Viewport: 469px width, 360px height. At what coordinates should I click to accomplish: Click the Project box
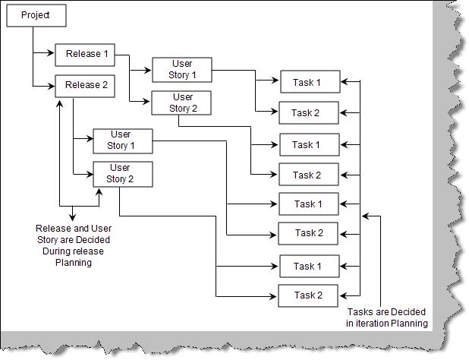(36, 15)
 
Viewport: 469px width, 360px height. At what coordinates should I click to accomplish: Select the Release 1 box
(87, 55)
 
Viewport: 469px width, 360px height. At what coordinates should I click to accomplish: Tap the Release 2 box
(87, 85)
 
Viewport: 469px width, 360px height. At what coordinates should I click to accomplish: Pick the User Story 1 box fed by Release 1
(182, 69)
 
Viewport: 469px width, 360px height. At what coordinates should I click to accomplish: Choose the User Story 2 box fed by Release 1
(182, 102)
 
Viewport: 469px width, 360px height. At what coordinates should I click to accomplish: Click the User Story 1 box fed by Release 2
(122, 141)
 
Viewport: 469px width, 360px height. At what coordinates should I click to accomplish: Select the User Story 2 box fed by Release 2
(122, 173)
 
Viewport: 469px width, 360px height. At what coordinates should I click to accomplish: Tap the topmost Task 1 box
(309, 82)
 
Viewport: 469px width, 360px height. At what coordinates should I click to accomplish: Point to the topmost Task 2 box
(309, 113)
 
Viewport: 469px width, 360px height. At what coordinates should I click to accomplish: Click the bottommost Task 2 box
(308, 295)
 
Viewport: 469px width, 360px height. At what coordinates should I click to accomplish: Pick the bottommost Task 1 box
(308, 266)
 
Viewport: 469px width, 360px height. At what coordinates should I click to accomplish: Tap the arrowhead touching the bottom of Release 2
(60, 100)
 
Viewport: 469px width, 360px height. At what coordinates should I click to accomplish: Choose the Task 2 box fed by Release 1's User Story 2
(308, 175)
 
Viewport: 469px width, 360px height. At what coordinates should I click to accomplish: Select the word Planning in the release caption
(73, 263)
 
